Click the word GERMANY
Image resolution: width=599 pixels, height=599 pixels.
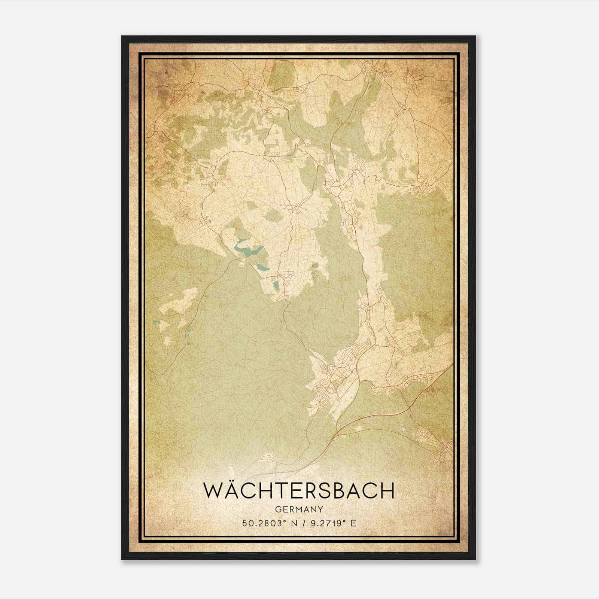[299, 509]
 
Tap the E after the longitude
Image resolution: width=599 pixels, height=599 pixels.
[353, 523]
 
